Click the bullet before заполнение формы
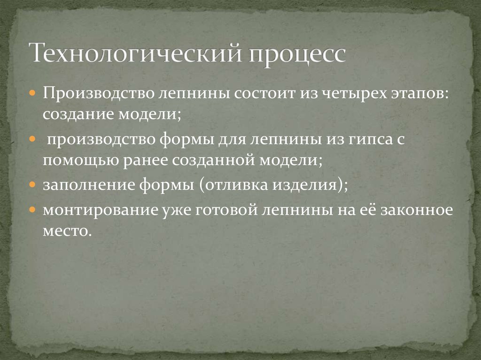[32, 184]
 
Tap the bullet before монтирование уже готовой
[32, 210]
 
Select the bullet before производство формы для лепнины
[32, 140]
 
